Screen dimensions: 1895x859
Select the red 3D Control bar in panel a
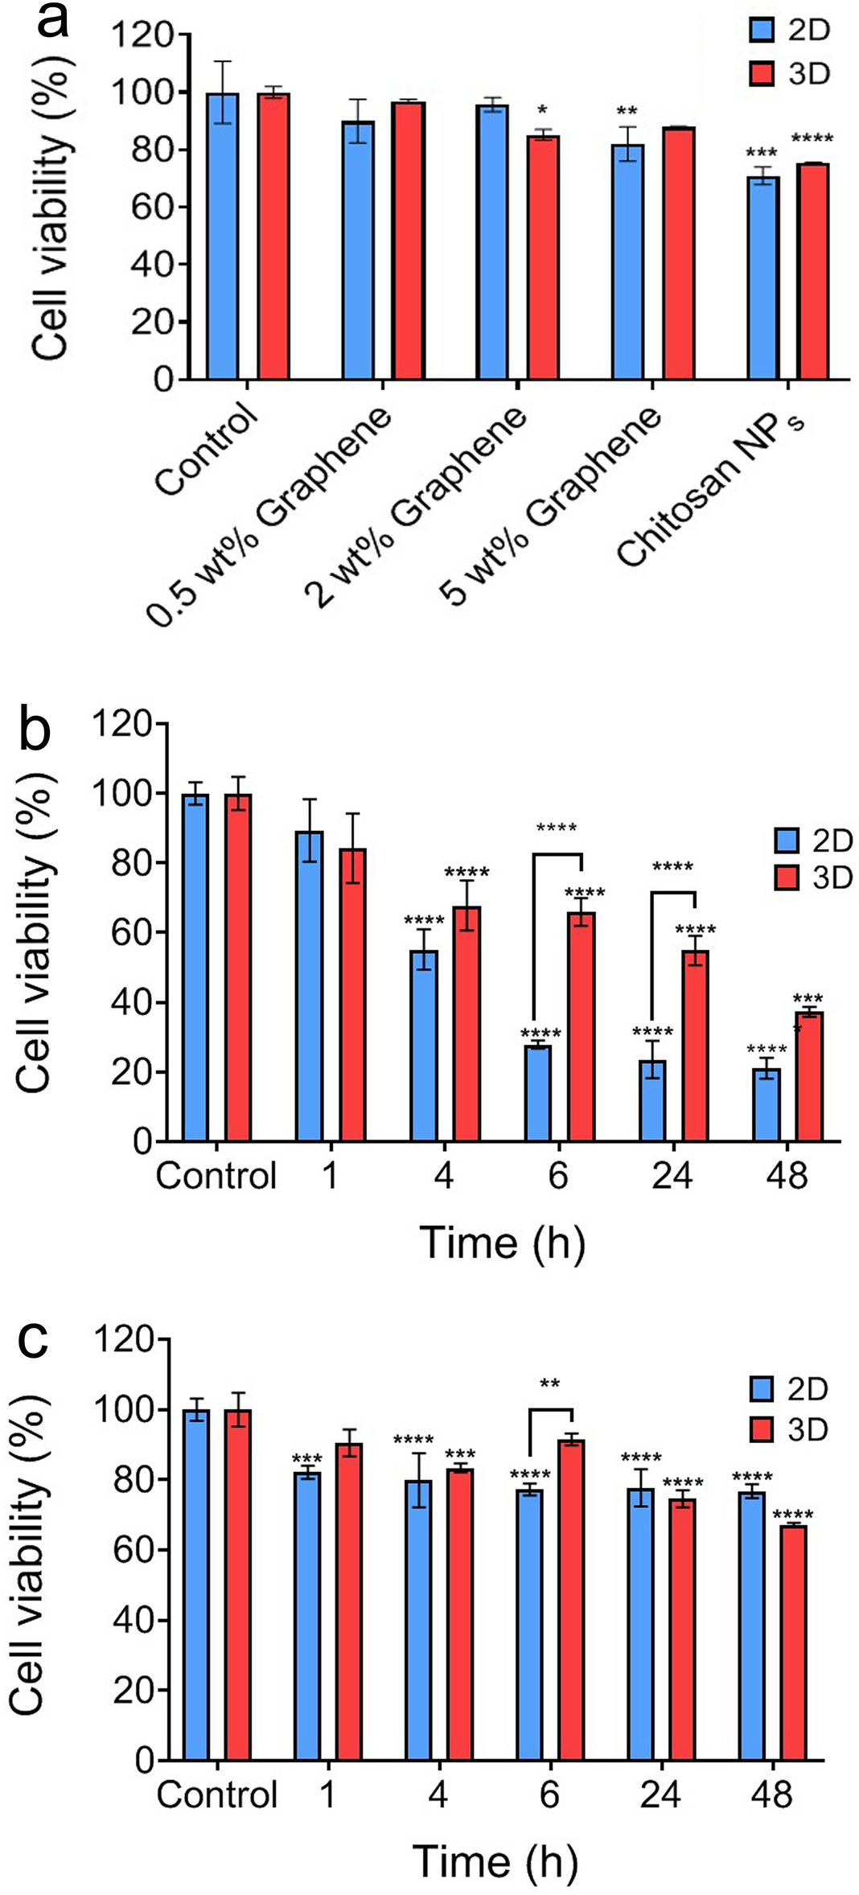pos(273,237)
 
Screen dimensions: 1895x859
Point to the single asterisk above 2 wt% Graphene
pos(542,110)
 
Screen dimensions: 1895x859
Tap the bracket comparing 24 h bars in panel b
pos(672,893)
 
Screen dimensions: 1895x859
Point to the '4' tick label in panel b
pos(443,1177)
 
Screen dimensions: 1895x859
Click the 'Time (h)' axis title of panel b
pos(502,1243)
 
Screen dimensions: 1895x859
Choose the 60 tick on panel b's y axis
pos(131,933)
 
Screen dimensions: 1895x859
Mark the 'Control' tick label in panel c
pos(216,1794)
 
